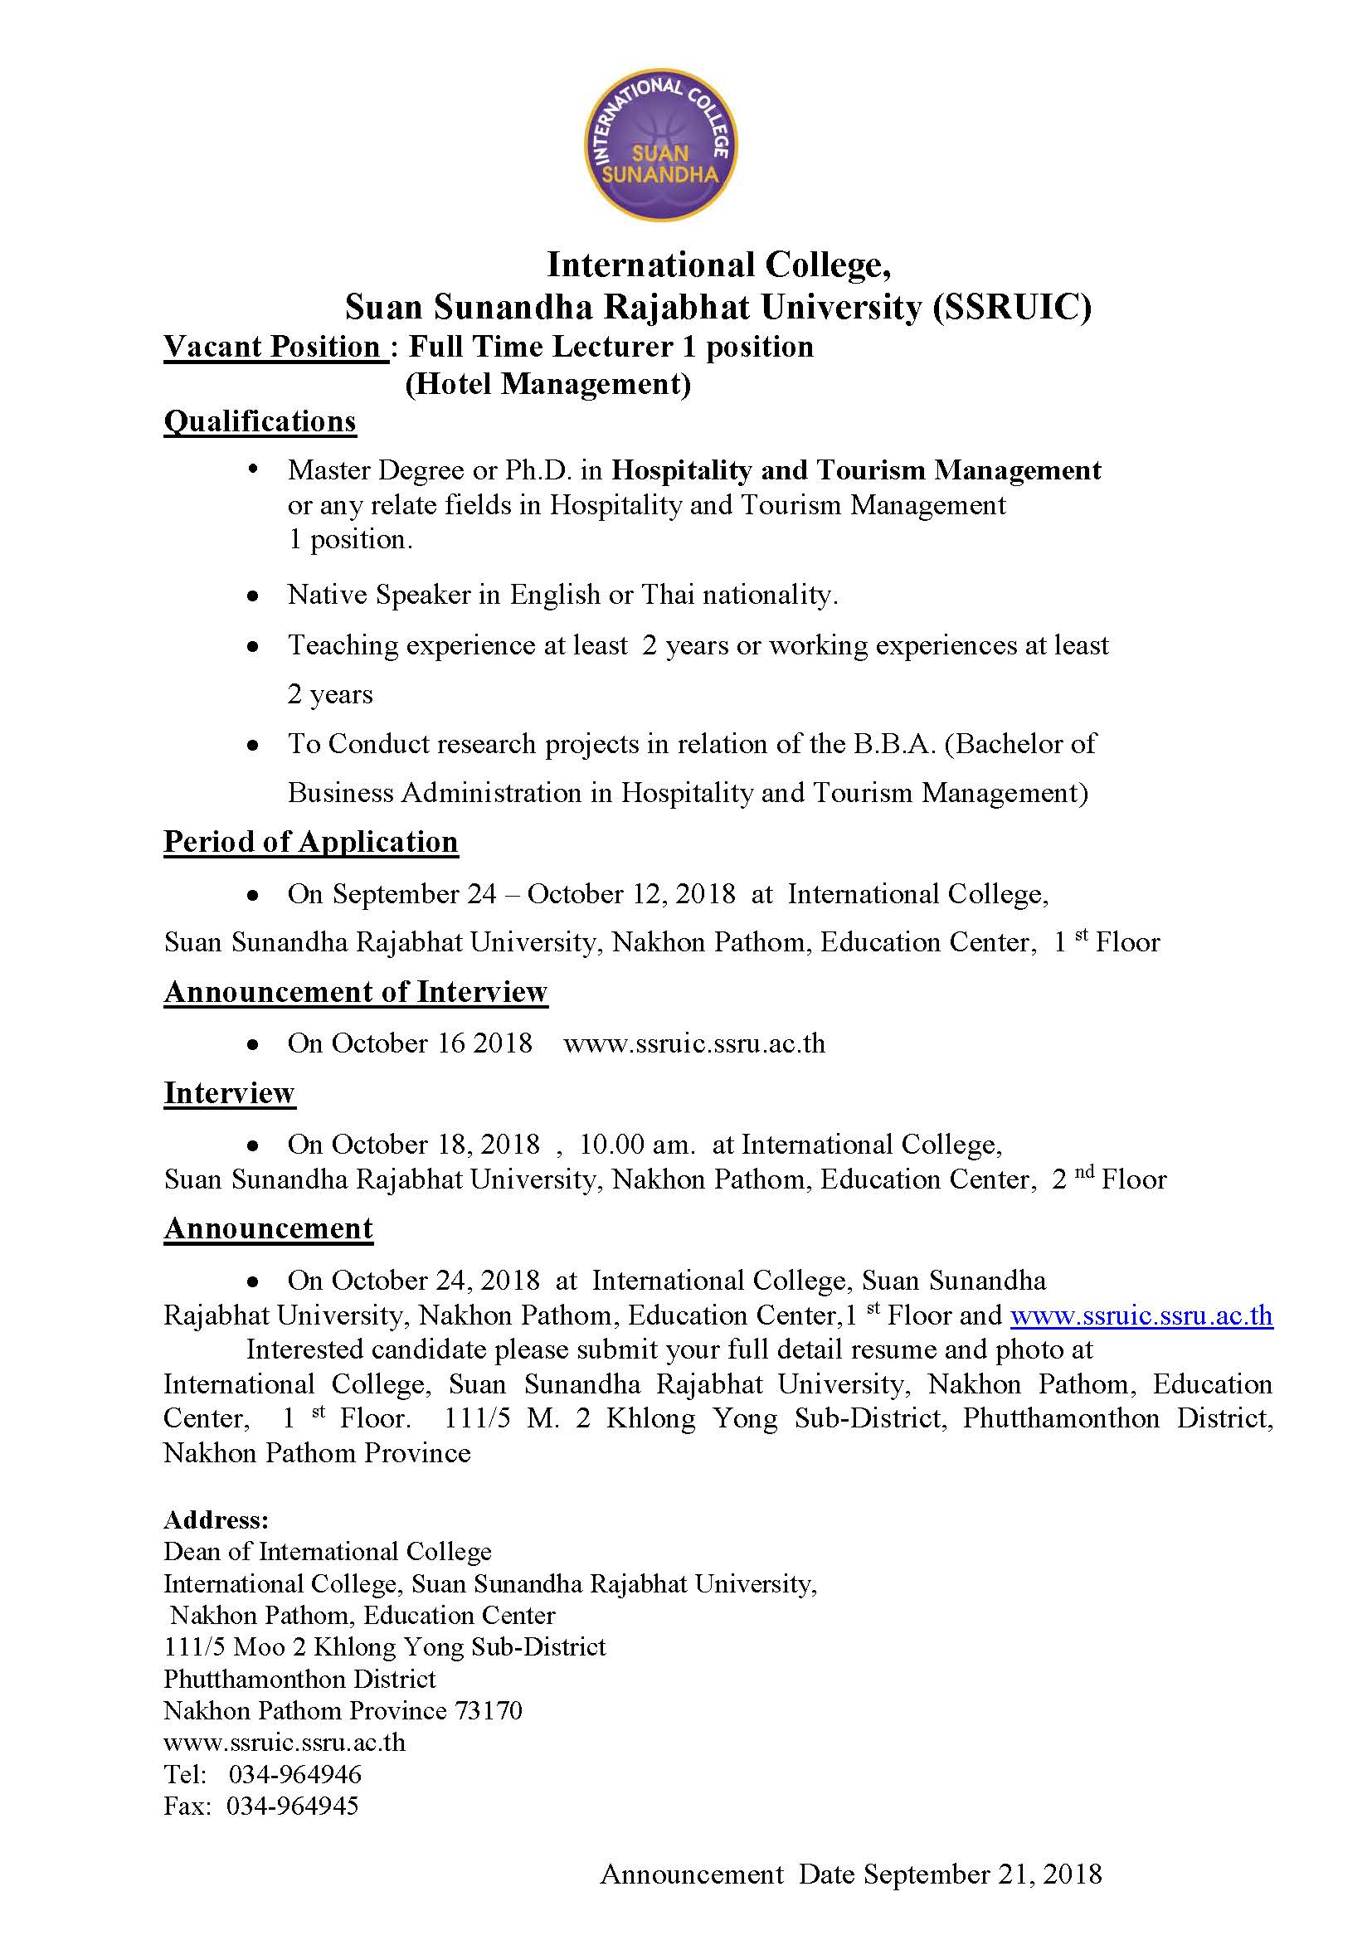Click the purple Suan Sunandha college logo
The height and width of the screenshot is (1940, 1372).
(659, 145)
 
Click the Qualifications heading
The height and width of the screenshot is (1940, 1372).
(260, 421)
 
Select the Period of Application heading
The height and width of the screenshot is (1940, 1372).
(311, 842)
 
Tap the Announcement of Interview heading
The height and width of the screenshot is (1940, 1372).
(356, 991)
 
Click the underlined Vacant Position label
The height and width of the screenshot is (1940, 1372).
(275, 347)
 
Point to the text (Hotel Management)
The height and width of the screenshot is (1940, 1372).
(548, 385)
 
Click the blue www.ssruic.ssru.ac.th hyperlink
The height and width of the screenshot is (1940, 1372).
(1141, 1315)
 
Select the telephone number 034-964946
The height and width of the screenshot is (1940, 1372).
(294, 1773)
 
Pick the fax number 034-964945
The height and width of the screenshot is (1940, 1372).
(292, 1806)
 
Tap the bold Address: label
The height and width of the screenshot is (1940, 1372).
(217, 1520)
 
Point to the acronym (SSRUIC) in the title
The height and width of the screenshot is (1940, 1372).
(1011, 307)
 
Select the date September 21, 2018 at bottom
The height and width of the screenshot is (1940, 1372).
(982, 1874)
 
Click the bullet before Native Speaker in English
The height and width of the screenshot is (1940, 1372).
(253, 596)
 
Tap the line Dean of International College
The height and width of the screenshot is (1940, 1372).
(327, 1551)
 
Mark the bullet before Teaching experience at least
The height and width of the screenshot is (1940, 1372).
(253, 647)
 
